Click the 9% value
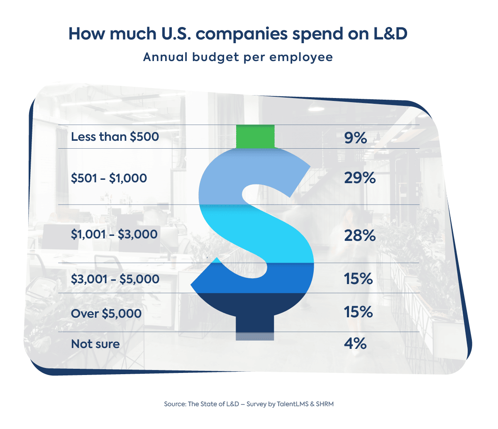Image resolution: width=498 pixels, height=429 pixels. pyautogui.click(x=356, y=137)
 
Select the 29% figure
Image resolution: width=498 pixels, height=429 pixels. pyautogui.click(x=360, y=178)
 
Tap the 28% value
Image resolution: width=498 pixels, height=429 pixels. pyautogui.click(x=360, y=235)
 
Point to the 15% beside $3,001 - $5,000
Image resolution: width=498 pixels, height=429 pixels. pyautogui.click(x=358, y=279)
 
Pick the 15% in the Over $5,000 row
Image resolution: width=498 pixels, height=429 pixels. pyautogui.click(x=358, y=311)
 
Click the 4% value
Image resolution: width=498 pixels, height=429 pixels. pyautogui.click(x=355, y=343)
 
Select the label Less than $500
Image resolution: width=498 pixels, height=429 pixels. pyautogui.click(x=115, y=137)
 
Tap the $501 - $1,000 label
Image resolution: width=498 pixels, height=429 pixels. pyautogui.click(x=109, y=178)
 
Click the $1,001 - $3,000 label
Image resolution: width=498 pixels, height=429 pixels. pyautogui.click(x=114, y=234)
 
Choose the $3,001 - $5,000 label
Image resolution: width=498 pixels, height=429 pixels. pyautogui.click(x=115, y=279)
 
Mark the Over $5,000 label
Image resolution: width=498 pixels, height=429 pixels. pyautogui.click(x=106, y=313)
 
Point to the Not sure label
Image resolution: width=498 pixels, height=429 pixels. pyautogui.click(x=95, y=344)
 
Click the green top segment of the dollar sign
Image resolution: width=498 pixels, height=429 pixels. pyautogui.click(x=255, y=136)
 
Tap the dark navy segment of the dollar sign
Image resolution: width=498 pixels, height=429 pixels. pyautogui.click(x=255, y=309)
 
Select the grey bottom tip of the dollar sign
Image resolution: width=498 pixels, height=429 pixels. pyautogui.click(x=255, y=336)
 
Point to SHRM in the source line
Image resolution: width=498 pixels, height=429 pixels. pyautogui.click(x=324, y=404)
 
